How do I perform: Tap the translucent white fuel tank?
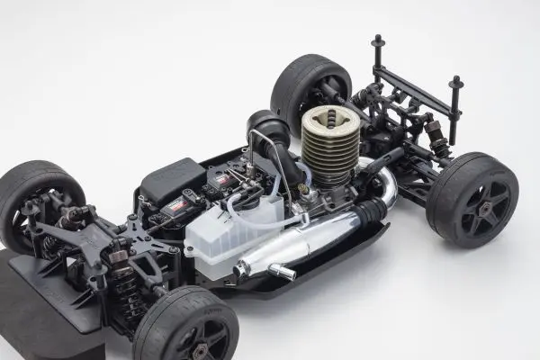[x=225, y=236]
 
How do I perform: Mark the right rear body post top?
[x=456, y=83]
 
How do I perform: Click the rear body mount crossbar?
[x=415, y=81]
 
